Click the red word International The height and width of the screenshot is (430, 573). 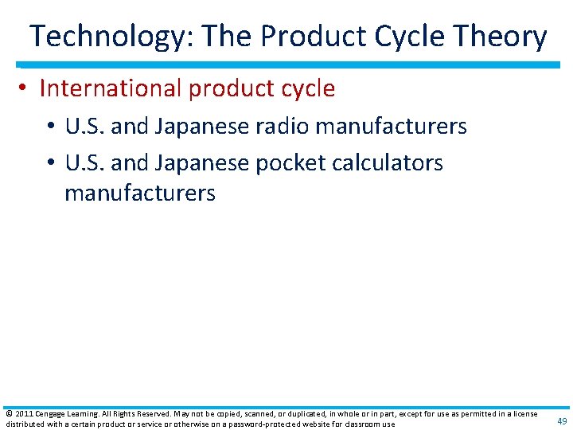[x=111, y=88]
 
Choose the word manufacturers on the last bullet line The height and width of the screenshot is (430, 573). [x=140, y=193]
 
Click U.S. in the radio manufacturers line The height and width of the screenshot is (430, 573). [x=83, y=126]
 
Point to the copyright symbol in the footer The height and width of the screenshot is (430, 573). [x=8, y=413]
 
